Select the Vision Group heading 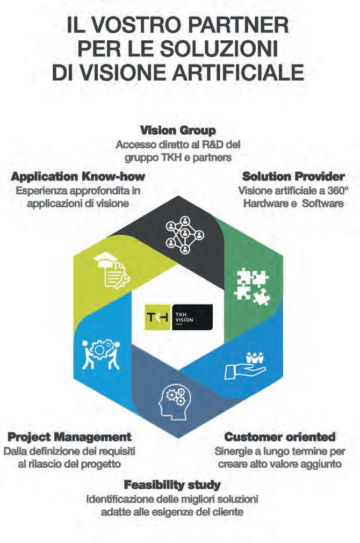178,131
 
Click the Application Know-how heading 78,177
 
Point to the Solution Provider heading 293,177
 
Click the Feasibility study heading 172,485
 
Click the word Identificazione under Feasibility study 120,499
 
